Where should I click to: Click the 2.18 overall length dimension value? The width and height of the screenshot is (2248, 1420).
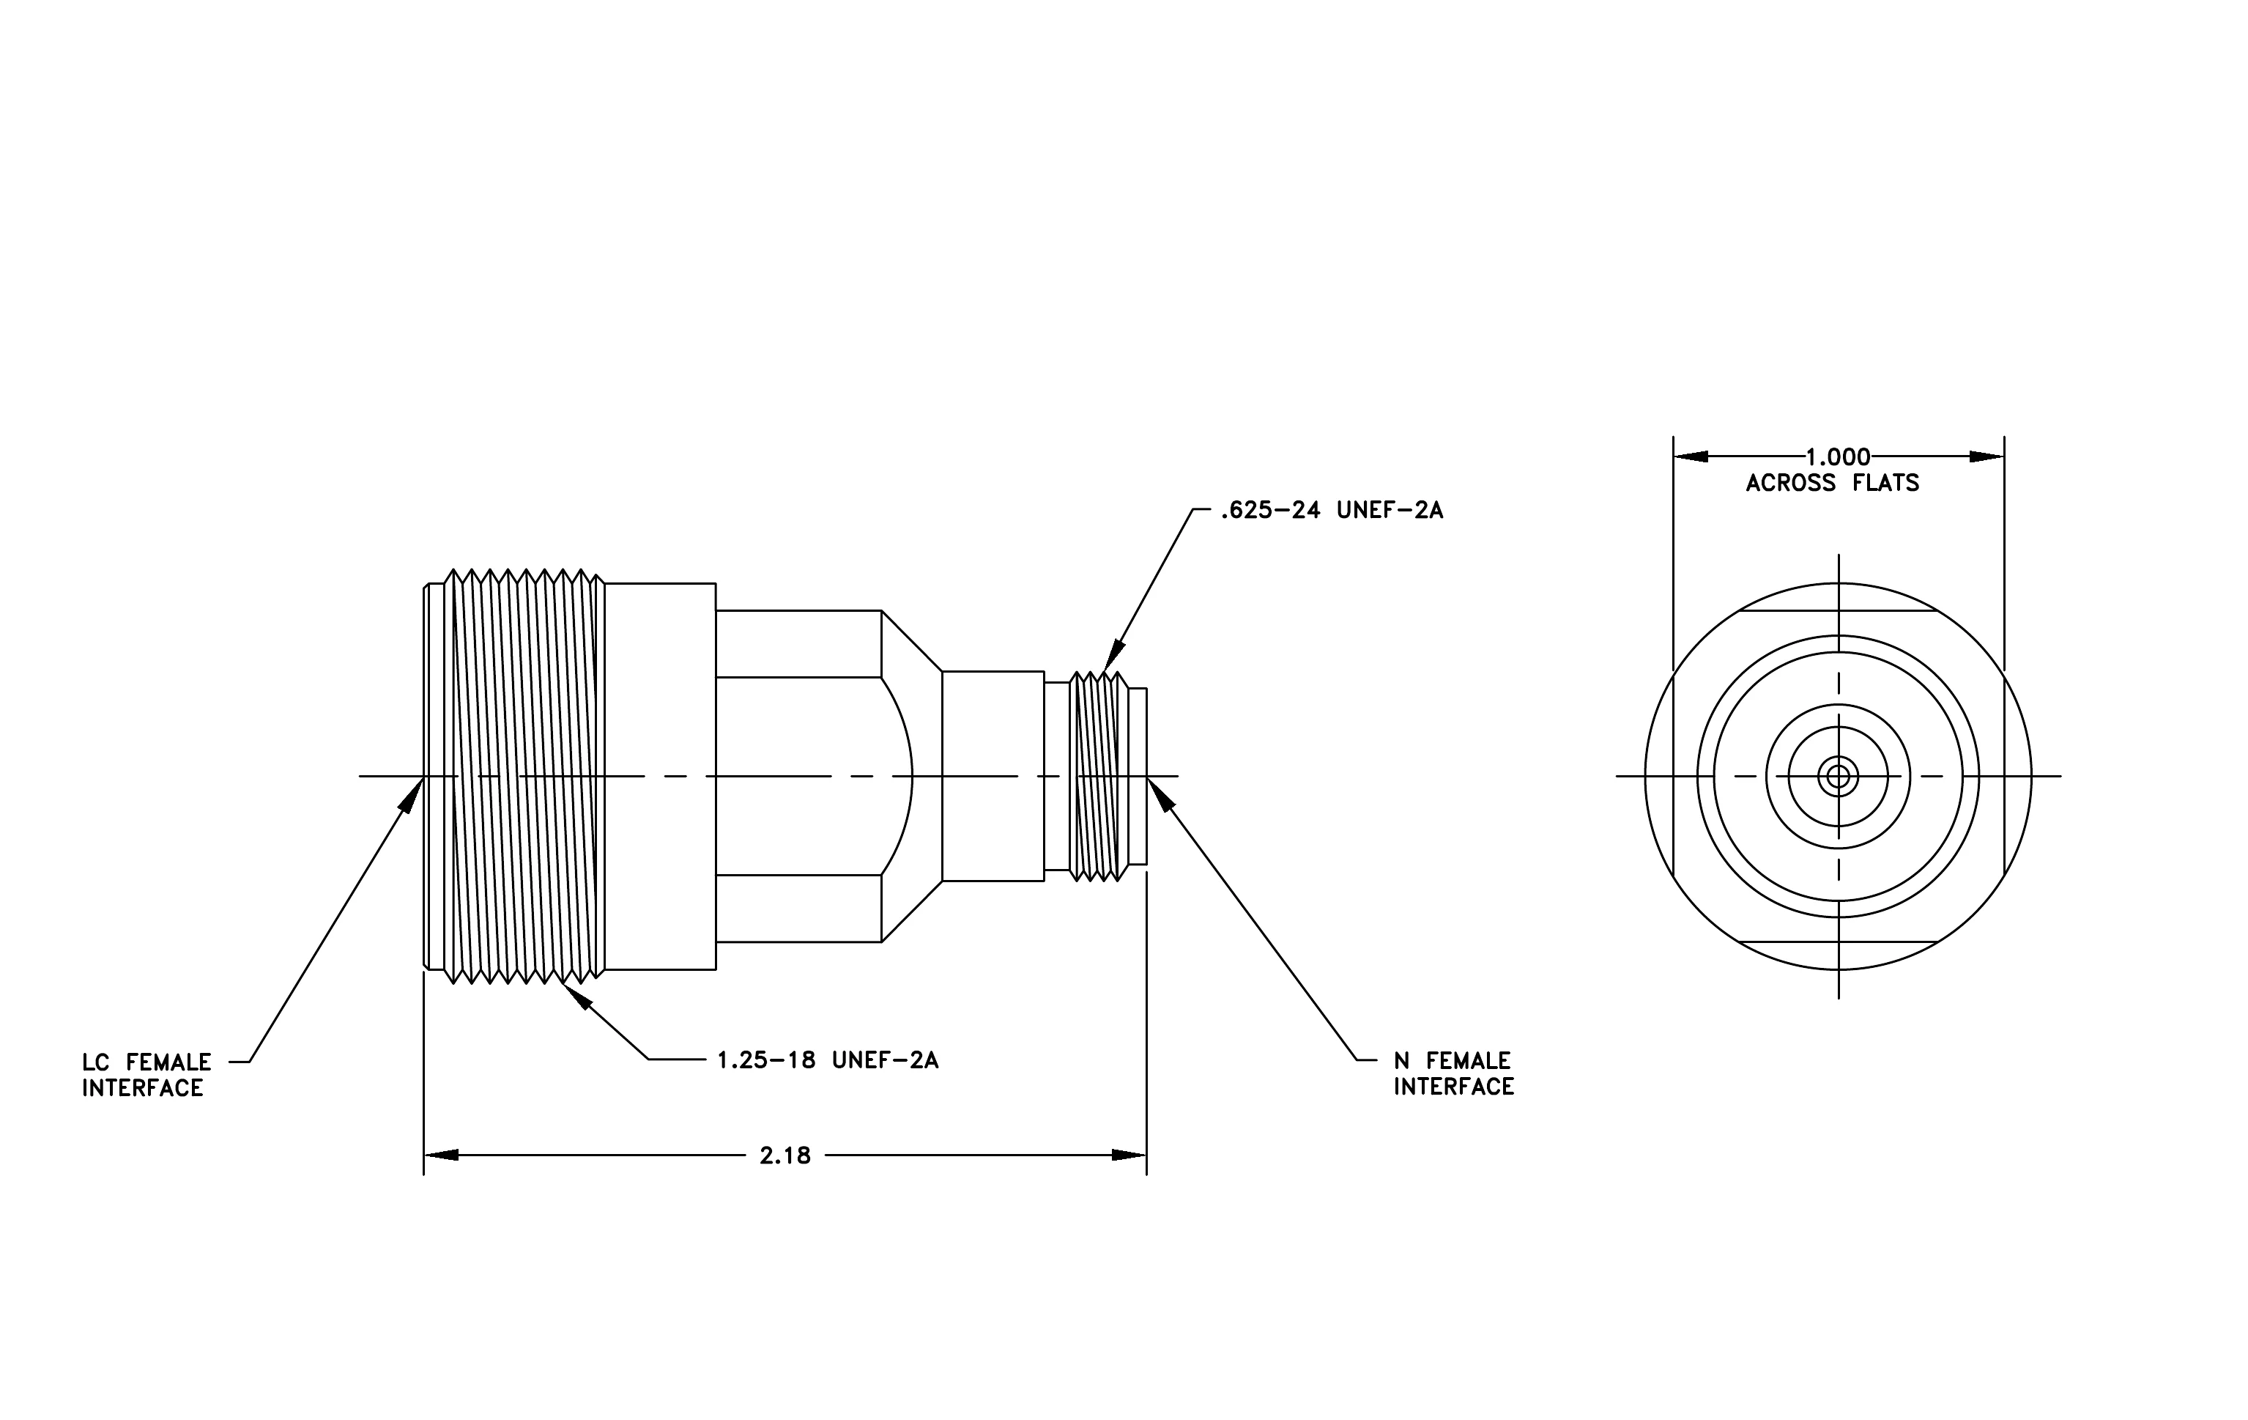(785, 1155)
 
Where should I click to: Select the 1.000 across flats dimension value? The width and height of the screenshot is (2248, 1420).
(1837, 457)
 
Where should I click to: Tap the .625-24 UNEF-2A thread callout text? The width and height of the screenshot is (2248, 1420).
(1331, 511)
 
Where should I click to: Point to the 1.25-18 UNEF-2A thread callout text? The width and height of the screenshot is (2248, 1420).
(827, 1060)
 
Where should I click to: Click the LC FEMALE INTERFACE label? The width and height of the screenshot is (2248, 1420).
(146, 1075)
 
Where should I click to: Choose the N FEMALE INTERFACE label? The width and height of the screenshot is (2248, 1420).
(1453, 1073)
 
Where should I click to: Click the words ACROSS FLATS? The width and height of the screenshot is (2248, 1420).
(1833, 483)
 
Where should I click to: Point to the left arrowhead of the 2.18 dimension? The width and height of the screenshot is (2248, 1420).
(442, 1155)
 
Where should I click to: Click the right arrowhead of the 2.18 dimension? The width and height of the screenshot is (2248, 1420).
(1129, 1155)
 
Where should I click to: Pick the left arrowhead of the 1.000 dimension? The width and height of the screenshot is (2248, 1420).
(1691, 456)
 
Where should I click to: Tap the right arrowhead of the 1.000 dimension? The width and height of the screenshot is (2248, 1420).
(1987, 456)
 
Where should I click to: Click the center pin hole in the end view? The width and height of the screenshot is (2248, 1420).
(1838, 776)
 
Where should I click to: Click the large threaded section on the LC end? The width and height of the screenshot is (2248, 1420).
(524, 776)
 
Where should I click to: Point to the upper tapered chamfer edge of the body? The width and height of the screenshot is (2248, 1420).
(912, 640)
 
